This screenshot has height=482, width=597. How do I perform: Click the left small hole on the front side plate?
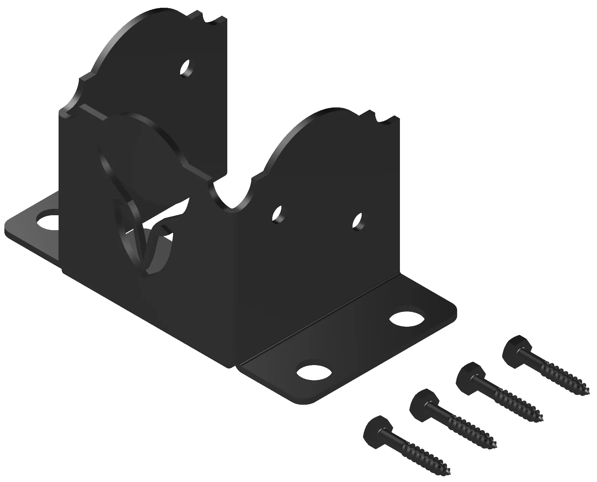click(x=278, y=214)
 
